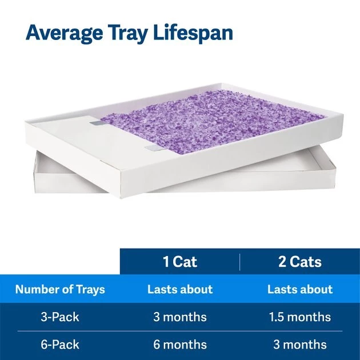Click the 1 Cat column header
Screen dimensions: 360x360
click(180, 262)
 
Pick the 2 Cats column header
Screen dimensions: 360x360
click(299, 262)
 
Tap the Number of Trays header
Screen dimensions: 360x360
click(60, 289)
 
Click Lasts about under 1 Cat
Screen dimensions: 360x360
click(180, 289)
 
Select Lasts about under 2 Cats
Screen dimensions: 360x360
click(299, 289)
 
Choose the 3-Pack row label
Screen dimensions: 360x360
click(60, 317)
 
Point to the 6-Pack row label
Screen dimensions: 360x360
click(60, 345)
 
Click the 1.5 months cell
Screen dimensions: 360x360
click(299, 317)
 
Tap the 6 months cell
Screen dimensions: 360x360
click(180, 345)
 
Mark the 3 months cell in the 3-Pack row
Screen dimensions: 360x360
click(180, 317)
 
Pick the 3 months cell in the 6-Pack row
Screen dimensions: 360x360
click(299, 345)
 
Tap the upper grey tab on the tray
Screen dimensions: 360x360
click(95, 121)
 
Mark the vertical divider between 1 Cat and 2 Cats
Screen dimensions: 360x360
click(240, 262)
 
